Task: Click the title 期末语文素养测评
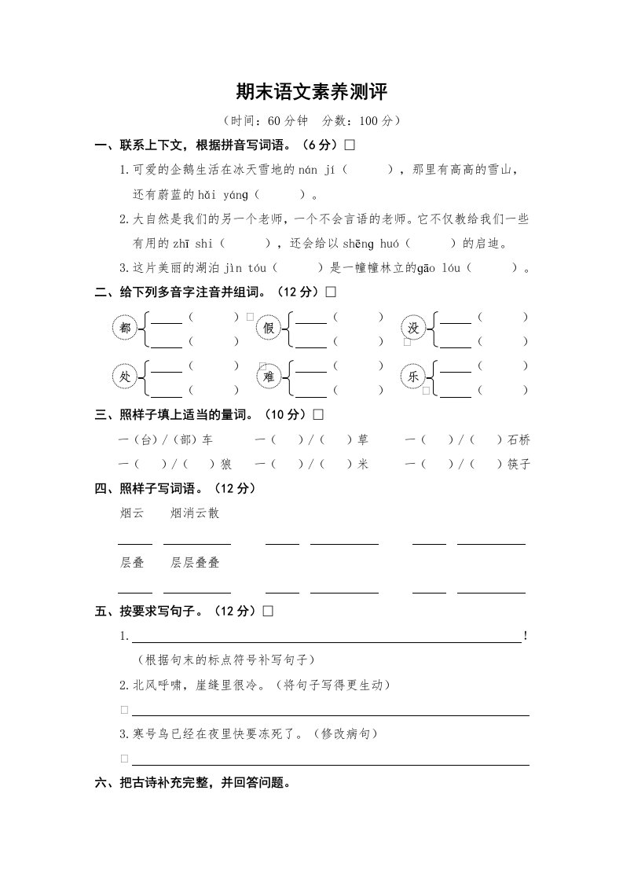click(312, 92)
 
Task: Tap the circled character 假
click(269, 329)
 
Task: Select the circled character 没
click(413, 329)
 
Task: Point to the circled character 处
click(124, 377)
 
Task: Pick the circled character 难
click(269, 377)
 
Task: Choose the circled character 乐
click(413, 377)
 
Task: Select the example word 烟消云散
click(195, 513)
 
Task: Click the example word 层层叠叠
click(195, 562)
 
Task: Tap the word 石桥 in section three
click(519, 439)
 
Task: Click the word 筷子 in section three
click(519, 464)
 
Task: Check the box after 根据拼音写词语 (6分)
click(350, 145)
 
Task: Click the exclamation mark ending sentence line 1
click(525, 636)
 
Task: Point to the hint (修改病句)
click(346, 733)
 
